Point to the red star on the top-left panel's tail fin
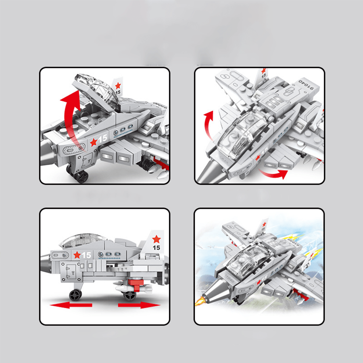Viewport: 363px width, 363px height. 118,85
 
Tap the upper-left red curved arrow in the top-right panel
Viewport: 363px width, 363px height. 209,121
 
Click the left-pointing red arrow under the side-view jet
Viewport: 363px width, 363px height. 71,305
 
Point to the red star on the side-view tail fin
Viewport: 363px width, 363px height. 156,239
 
